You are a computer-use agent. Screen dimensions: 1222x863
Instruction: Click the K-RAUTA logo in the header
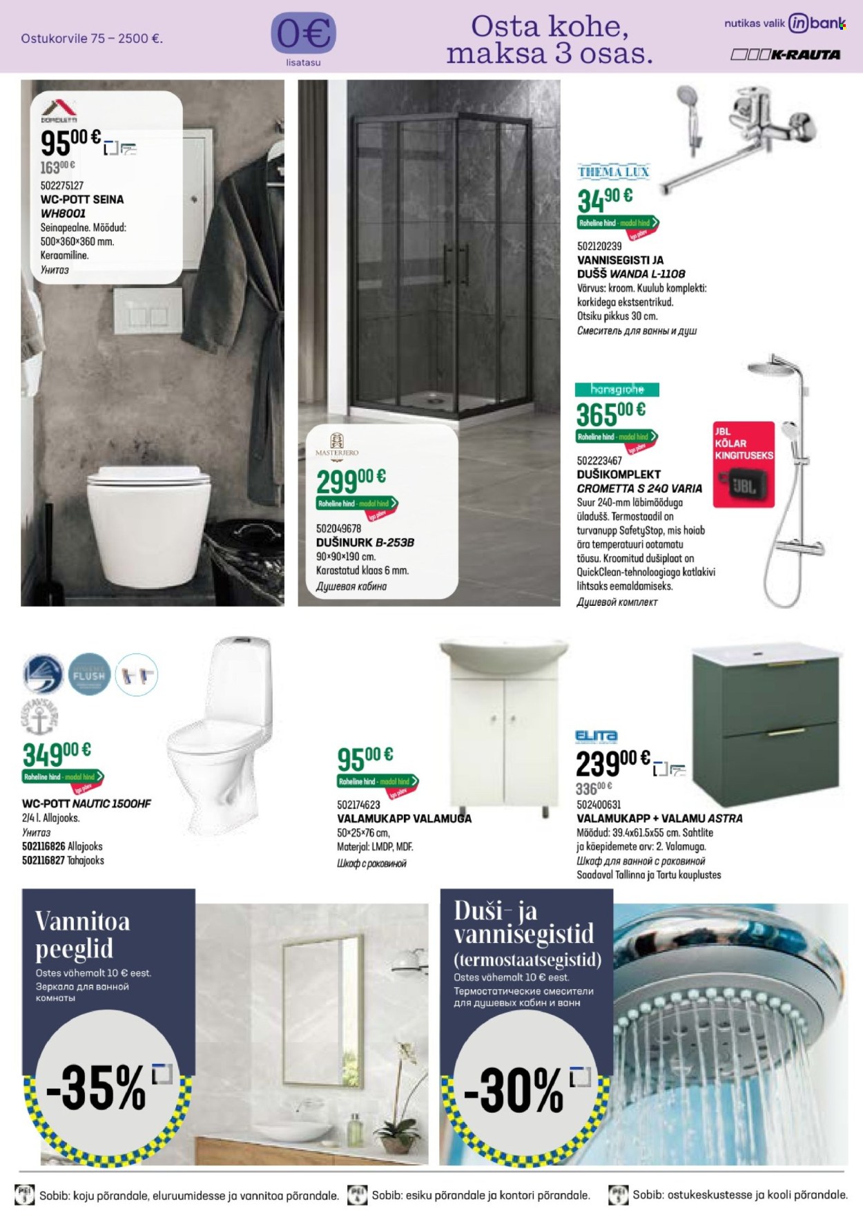pyautogui.click(x=786, y=55)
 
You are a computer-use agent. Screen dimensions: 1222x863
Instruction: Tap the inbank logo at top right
pyautogui.click(x=817, y=23)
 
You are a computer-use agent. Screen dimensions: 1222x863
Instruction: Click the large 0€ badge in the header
pyautogui.click(x=304, y=33)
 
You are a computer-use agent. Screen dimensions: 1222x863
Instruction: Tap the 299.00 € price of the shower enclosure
pyautogui.click(x=351, y=479)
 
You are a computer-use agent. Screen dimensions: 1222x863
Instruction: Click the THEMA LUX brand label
pyautogui.click(x=614, y=171)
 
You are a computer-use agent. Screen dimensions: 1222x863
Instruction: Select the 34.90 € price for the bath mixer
pyautogui.click(x=605, y=199)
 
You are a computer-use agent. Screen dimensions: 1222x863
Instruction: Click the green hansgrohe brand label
pyautogui.click(x=617, y=390)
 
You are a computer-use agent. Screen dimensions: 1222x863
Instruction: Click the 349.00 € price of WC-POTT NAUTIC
pyautogui.click(x=57, y=753)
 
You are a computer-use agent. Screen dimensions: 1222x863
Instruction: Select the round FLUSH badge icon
pyautogui.click(x=88, y=674)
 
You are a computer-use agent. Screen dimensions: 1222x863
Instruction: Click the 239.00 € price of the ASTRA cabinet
pyautogui.click(x=612, y=763)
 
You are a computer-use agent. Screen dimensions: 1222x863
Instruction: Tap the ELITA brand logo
pyautogui.click(x=596, y=736)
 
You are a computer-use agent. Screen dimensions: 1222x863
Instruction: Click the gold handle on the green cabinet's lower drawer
pyautogui.click(x=785, y=732)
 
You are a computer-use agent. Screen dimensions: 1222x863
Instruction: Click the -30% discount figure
pyautogui.click(x=514, y=1091)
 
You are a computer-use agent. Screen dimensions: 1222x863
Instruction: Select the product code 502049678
pyautogui.click(x=339, y=528)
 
